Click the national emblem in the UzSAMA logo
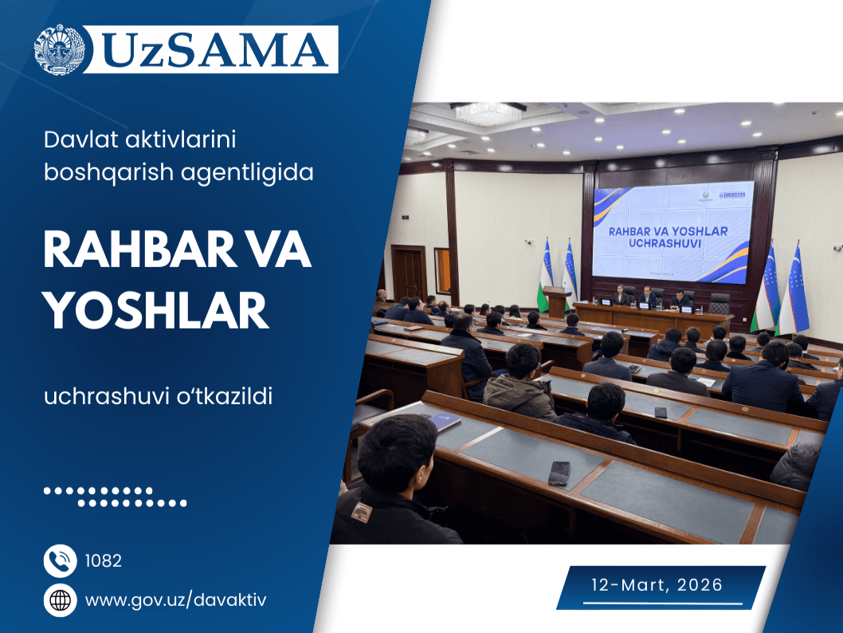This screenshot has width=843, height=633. (x=59, y=49)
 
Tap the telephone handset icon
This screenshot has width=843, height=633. (x=60, y=561)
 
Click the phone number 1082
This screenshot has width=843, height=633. (x=103, y=561)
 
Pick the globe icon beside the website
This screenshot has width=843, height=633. (x=60, y=600)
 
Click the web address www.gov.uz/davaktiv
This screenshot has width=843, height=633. (x=175, y=600)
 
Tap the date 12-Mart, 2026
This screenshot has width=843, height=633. (x=657, y=585)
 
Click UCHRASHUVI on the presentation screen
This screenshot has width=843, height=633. (x=655, y=244)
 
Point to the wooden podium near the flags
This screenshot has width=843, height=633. (x=556, y=301)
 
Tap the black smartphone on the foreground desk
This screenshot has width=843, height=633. (x=559, y=473)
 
